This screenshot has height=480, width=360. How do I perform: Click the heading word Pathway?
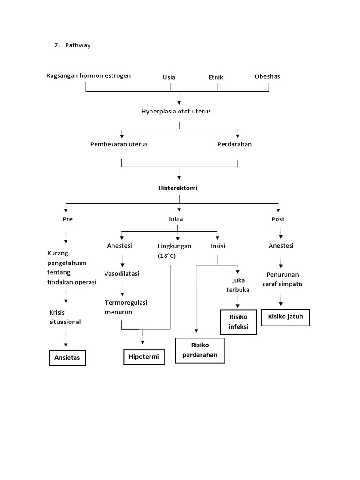(x=78, y=45)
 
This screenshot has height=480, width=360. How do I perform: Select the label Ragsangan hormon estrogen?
(x=89, y=75)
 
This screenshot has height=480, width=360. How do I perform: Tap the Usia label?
(x=169, y=77)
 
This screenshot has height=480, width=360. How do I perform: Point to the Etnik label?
(x=216, y=77)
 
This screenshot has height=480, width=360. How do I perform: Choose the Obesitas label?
(x=267, y=76)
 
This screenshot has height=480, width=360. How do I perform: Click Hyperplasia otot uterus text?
(x=176, y=111)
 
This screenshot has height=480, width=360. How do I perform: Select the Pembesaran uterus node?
(x=119, y=144)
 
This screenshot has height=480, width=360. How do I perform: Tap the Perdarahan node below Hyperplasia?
(x=234, y=144)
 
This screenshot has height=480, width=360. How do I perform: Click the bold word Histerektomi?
(x=178, y=187)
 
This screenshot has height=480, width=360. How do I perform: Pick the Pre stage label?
(x=68, y=219)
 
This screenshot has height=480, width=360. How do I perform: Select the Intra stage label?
(x=176, y=218)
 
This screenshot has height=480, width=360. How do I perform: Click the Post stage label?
(x=277, y=219)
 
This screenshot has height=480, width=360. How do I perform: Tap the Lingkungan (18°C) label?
(x=174, y=251)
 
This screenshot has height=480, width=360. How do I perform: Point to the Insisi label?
(x=218, y=246)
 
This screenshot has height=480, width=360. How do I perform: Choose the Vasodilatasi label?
(x=121, y=273)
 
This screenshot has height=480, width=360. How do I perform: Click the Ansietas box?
(x=67, y=357)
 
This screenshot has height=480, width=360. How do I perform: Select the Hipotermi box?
(x=144, y=357)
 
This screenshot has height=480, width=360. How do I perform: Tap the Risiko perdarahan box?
(x=200, y=350)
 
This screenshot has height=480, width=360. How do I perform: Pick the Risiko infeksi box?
(x=239, y=322)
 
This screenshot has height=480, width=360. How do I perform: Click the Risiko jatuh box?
(x=285, y=316)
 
